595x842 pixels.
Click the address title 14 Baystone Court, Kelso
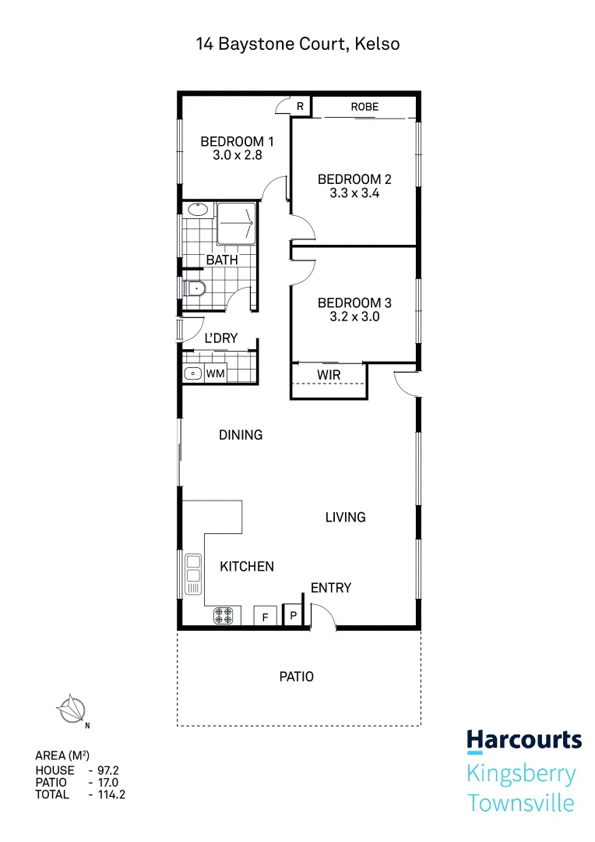(297, 44)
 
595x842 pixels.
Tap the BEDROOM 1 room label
(237, 142)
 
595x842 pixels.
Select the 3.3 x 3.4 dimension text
(354, 194)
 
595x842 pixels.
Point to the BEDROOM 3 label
(354, 302)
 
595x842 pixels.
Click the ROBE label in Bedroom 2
(364, 107)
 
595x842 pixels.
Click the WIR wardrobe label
(328, 375)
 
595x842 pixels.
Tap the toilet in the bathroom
(195, 289)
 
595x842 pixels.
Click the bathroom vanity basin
(198, 209)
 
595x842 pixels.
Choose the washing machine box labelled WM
(215, 374)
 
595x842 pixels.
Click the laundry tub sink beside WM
(192, 374)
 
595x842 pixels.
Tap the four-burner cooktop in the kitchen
(224, 616)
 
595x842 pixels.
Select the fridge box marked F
(265, 616)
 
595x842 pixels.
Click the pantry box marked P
(293, 616)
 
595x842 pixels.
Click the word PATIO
(297, 677)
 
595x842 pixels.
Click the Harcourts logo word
(523, 740)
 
